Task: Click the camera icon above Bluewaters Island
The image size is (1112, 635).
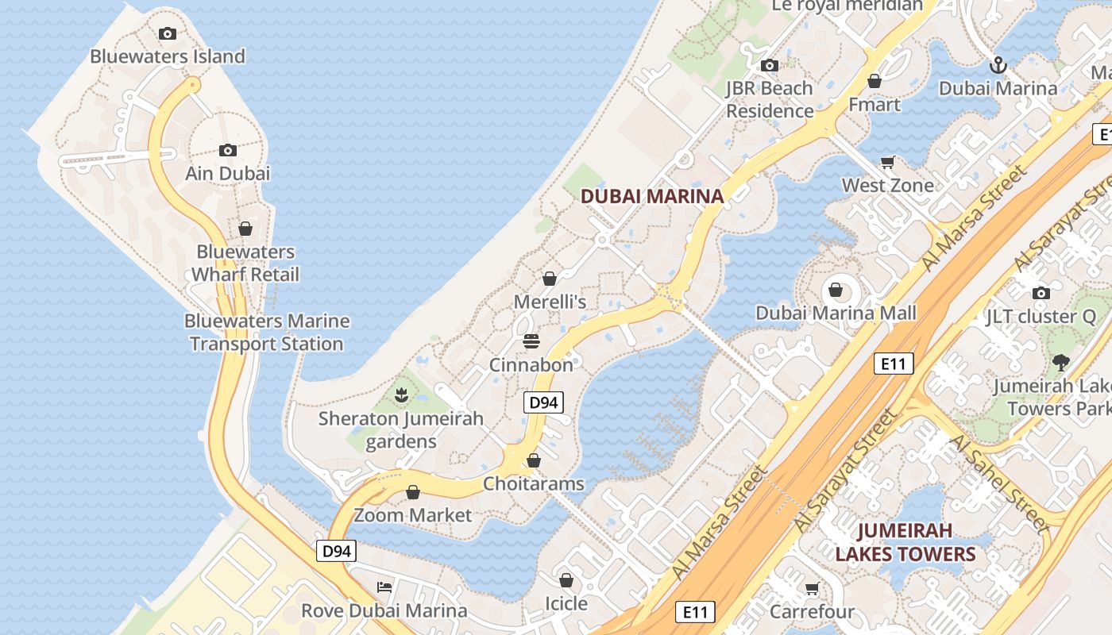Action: click(167, 33)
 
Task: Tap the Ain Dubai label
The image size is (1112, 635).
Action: click(228, 173)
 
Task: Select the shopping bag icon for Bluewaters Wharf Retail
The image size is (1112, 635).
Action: click(245, 229)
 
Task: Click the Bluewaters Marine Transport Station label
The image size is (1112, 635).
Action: click(267, 333)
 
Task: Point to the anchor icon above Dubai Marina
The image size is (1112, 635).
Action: click(998, 65)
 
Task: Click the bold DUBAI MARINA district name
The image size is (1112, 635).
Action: click(652, 196)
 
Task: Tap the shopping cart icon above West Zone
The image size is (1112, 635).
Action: click(888, 162)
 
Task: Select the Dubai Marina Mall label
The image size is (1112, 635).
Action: click(836, 313)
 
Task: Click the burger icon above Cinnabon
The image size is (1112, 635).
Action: click(531, 342)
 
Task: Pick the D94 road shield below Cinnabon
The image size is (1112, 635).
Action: click(543, 402)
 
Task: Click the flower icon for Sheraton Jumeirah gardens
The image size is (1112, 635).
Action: click(402, 394)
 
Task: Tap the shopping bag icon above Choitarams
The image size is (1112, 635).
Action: click(534, 460)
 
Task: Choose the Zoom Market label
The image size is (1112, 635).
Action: click(413, 515)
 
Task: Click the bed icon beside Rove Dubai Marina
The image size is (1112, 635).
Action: click(384, 587)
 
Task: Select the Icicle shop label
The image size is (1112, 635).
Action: click(566, 603)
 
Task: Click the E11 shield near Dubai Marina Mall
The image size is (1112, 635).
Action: click(894, 364)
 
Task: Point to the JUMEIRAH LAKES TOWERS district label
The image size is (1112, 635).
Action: click(905, 542)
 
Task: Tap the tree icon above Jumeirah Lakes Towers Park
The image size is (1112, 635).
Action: click(1060, 364)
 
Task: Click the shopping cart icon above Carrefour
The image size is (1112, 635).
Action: click(812, 589)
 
